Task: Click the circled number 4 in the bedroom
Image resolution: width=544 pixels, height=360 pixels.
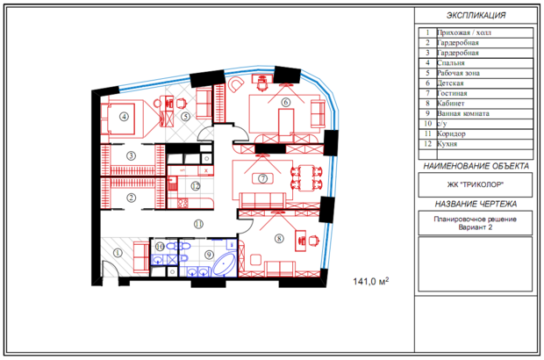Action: click(125, 117)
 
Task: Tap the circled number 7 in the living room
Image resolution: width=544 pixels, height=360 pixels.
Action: click(262, 178)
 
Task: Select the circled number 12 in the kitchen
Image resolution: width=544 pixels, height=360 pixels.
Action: click(196, 186)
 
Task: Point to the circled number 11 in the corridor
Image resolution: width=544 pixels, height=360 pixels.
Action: click(198, 224)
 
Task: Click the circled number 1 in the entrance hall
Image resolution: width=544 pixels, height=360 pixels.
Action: click(118, 253)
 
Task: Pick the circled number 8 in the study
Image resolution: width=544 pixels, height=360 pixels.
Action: click(279, 239)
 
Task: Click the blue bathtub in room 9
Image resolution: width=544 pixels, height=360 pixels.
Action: click(224, 264)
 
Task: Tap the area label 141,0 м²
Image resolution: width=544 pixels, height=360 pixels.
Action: click(371, 281)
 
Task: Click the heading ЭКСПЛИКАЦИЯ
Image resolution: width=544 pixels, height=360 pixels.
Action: click(476, 15)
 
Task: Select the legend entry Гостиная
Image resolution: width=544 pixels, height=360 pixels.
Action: click(452, 93)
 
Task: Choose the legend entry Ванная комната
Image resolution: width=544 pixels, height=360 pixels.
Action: click(463, 113)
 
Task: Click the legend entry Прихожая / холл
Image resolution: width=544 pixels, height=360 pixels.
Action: click(464, 33)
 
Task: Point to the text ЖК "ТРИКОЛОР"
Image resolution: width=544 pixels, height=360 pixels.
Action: click(476, 184)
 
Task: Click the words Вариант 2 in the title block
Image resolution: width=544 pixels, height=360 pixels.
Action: click(475, 227)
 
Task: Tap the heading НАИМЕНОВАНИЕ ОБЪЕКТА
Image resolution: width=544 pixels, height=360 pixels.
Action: click(476, 166)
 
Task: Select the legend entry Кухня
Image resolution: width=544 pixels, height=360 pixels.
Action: click(447, 144)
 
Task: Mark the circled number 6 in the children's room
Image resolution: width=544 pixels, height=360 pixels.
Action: click(285, 102)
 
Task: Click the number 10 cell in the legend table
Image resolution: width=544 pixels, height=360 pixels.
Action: click(428, 124)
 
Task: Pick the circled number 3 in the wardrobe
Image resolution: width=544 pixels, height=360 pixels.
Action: click(131, 156)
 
